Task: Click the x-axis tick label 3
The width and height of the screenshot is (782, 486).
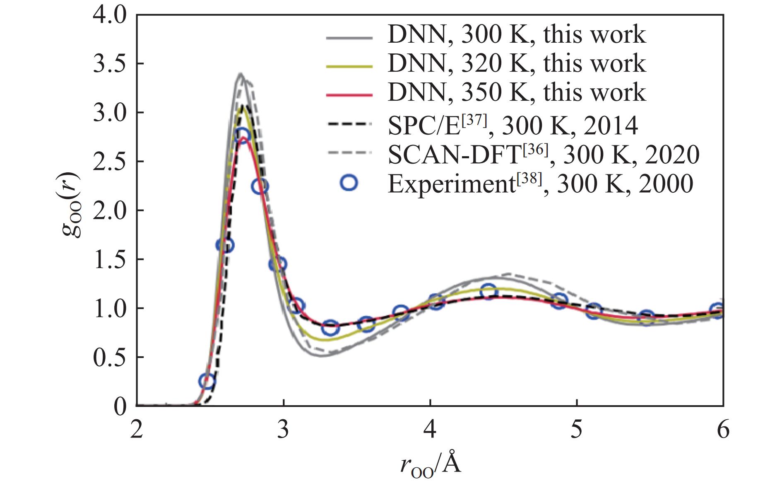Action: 283,430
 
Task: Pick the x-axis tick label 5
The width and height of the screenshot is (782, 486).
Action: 577,430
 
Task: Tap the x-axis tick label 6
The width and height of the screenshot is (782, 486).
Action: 723,430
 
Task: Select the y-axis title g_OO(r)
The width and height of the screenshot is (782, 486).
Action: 71,205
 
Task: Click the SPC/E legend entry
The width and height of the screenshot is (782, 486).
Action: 513,125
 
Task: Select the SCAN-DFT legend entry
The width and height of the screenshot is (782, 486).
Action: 543,155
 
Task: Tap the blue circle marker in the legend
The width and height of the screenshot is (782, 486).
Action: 349,182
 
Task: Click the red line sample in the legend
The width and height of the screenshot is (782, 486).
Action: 349,95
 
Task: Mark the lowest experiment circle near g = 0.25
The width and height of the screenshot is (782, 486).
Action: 207,381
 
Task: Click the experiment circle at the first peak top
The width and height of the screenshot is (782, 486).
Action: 242,135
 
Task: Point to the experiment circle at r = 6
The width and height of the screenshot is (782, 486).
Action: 719,311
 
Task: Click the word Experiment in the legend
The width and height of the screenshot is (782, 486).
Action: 451,184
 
